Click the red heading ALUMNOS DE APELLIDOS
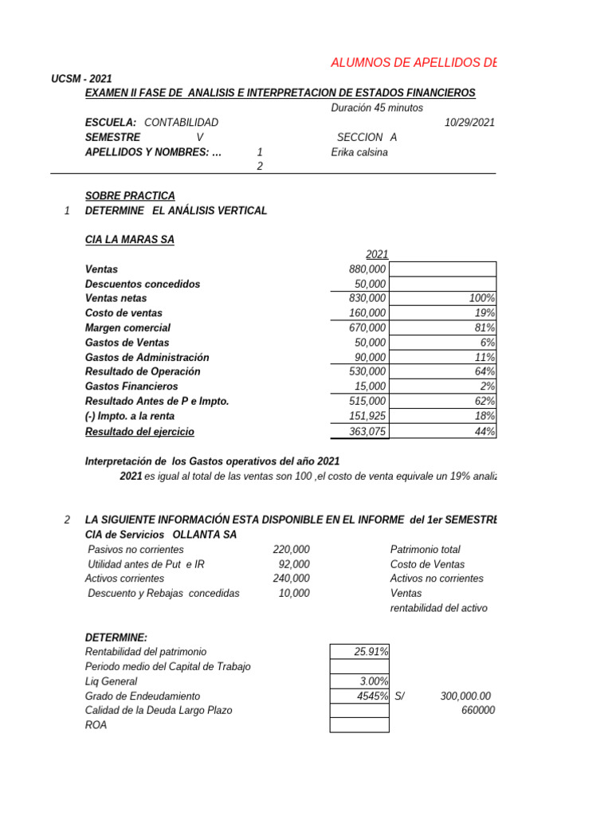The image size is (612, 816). pyautogui.click(x=413, y=64)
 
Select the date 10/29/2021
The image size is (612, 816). pyautogui.click(x=469, y=123)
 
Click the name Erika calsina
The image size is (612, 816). pyautogui.click(x=359, y=152)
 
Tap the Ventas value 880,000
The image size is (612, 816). pyautogui.click(x=368, y=269)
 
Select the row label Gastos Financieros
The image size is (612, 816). pyautogui.click(x=132, y=386)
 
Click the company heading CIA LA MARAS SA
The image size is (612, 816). pyautogui.click(x=129, y=240)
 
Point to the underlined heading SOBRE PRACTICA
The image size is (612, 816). pyautogui.click(x=130, y=196)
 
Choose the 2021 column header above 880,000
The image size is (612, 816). pyautogui.click(x=377, y=254)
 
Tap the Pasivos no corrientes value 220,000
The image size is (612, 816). pyautogui.click(x=291, y=550)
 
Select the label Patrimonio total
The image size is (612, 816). pyautogui.click(x=425, y=550)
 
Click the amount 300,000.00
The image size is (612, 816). pyautogui.click(x=466, y=696)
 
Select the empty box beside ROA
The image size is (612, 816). pyautogui.click(x=359, y=725)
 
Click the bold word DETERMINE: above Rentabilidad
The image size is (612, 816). pyautogui.click(x=116, y=637)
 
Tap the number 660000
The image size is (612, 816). pyautogui.click(x=478, y=710)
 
